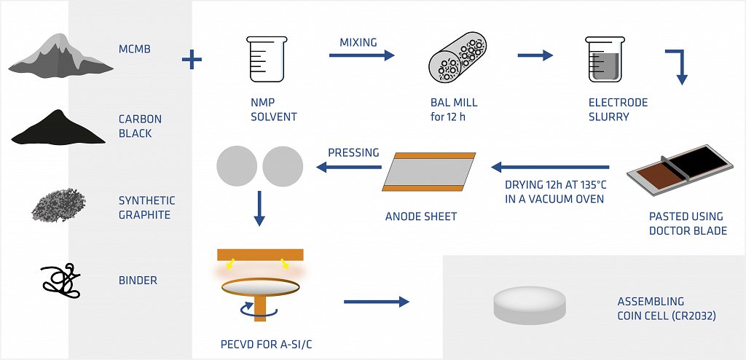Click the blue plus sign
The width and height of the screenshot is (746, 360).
[192, 59]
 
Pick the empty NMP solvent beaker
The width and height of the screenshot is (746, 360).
[264, 60]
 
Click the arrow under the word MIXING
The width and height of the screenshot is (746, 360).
[360, 55]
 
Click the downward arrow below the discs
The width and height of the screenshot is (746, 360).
[259, 209]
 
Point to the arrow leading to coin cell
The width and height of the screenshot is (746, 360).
[376, 301]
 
